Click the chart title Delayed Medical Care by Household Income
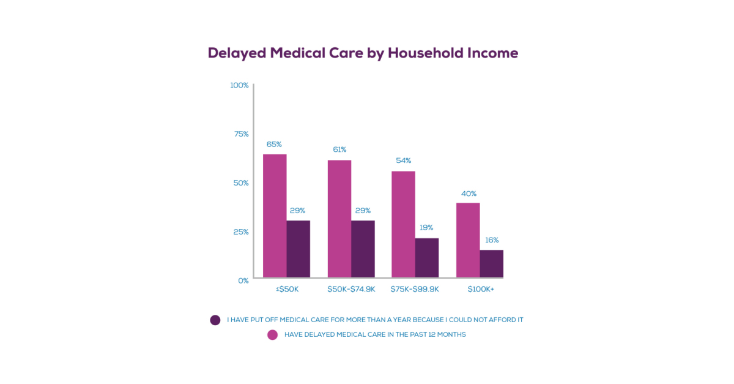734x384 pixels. tap(363, 53)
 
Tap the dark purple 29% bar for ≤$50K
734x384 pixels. tap(298, 249)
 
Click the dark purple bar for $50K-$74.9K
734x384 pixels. tap(363, 249)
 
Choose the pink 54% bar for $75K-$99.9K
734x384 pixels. tap(403, 224)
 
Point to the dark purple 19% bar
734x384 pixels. tap(427, 257)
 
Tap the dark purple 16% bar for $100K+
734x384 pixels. tap(491, 263)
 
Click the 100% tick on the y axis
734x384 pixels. tap(239, 85)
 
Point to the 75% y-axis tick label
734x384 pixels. tap(241, 134)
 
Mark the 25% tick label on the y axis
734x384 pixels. tap(241, 232)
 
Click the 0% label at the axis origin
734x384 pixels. tap(243, 280)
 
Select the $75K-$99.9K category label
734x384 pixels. tap(415, 289)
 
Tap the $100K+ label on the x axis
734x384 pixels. tap(480, 289)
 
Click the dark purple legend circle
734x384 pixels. tap(215, 320)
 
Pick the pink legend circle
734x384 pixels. tap(273, 334)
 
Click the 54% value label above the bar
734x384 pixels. tap(403, 160)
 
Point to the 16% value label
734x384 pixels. tap(492, 240)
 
